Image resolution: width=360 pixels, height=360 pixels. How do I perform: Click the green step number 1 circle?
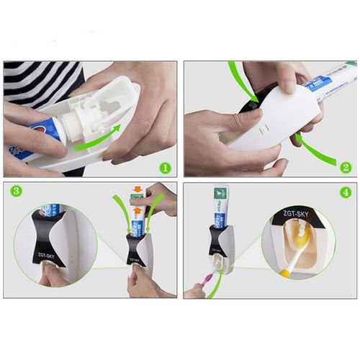coord(165,168)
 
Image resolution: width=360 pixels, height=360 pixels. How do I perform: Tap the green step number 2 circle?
coord(346,168)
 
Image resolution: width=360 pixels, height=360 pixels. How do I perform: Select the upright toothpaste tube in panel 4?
coord(220,209)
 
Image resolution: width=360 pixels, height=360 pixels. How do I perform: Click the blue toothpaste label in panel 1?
coord(29,144)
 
